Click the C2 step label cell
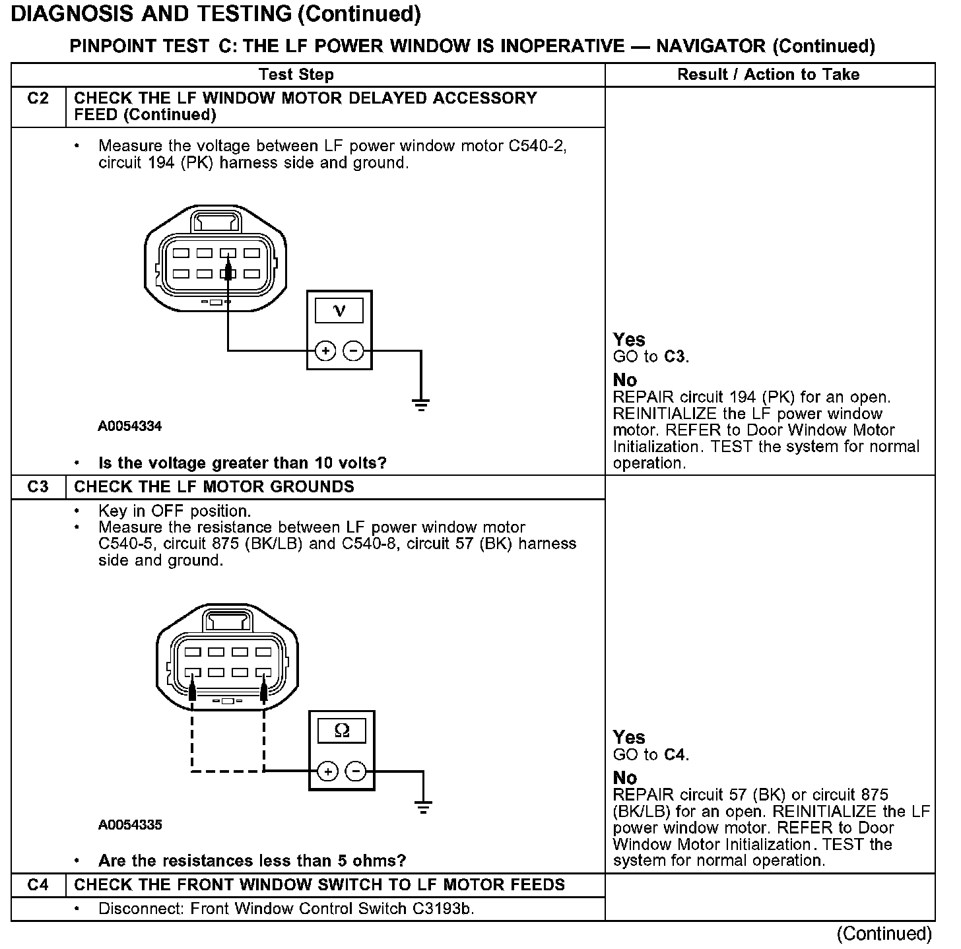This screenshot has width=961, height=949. pyautogui.click(x=38, y=99)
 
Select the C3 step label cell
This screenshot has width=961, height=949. pyautogui.click(x=38, y=487)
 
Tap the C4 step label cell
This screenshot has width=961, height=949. pyautogui.click(x=38, y=885)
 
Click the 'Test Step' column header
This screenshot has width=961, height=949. pyautogui.click(x=296, y=75)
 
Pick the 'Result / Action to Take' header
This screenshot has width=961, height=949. pyautogui.click(x=768, y=75)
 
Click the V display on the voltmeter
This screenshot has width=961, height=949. pyautogui.click(x=339, y=310)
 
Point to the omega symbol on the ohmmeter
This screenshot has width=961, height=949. pyautogui.click(x=342, y=730)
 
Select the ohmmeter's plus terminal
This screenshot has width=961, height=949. pyautogui.click(x=328, y=771)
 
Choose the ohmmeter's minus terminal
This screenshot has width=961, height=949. pyautogui.click(x=356, y=771)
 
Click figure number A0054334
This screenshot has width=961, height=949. pyautogui.click(x=130, y=426)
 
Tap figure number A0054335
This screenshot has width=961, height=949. pyautogui.click(x=130, y=825)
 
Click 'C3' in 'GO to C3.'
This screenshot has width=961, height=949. pyautogui.click(x=675, y=357)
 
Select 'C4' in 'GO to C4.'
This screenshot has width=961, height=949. pyautogui.click(x=675, y=755)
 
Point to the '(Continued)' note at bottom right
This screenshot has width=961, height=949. pyautogui.click(x=884, y=933)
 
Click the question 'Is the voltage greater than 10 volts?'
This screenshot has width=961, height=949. pyautogui.click(x=242, y=463)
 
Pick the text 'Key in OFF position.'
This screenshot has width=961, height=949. pyautogui.click(x=174, y=511)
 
